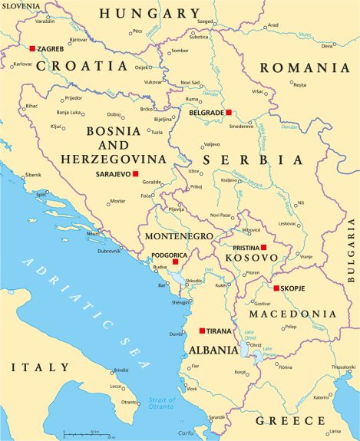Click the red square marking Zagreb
click(32, 48)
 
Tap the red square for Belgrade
click(228, 113)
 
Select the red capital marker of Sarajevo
click(135, 174)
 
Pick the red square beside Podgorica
click(175, 262)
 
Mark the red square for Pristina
click(263, 247)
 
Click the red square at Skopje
click(276, 288)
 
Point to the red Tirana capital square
click(202, 331)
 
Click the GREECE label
click(290, 421)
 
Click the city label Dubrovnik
click(108, 251)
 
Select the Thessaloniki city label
click(343, 367)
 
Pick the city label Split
click(41, 195)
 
